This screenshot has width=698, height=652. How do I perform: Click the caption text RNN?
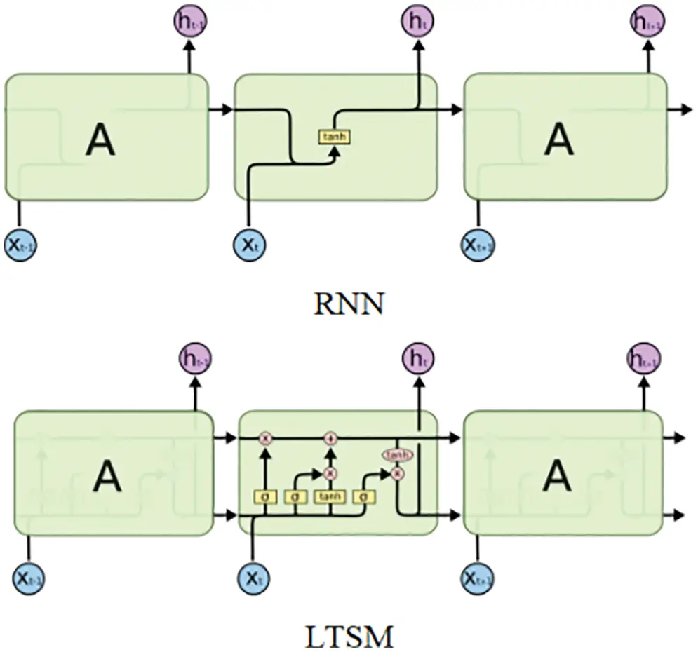click(x=349, y=306)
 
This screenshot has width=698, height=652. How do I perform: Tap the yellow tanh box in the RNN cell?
click(x=334, y=137)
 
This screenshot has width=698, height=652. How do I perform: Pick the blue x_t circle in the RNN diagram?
click(x=249, y=244)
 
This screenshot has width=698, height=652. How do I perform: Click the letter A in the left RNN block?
click(x=100, y=140)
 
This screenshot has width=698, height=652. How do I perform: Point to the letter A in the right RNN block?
click(x=558, y=140)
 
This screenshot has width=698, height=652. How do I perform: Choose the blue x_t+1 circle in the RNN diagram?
click(x=478, y=244)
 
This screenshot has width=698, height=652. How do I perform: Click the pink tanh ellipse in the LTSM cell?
click(x=398, y=454)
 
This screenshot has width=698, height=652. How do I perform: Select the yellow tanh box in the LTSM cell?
click(x=330, y=496)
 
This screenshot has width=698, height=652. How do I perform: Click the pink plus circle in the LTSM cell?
click(x=330, y=438)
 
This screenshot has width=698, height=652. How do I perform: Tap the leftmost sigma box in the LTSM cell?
click(x=265, y=496)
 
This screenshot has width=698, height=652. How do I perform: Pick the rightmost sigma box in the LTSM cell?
click(x=364, y=496)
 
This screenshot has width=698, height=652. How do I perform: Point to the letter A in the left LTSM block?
click(x=107, y=477)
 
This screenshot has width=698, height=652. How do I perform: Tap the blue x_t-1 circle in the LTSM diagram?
click(x=29, y=578)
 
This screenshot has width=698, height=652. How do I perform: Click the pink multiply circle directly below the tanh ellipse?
click(x=398, y=474)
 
